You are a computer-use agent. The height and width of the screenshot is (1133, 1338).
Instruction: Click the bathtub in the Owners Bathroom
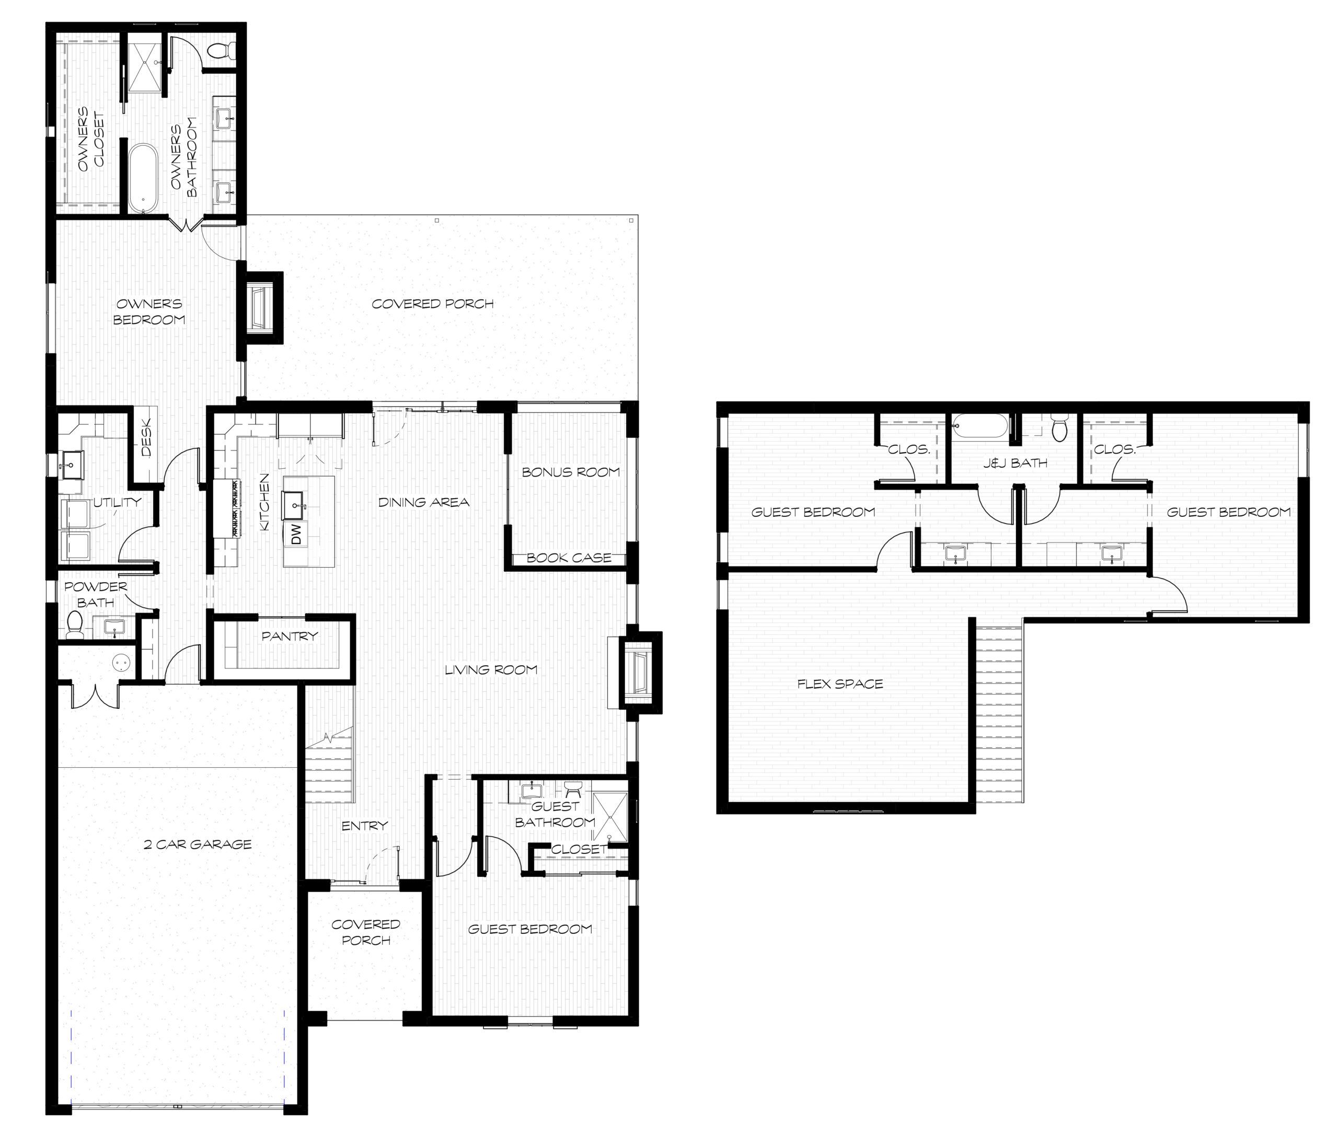point(143,179)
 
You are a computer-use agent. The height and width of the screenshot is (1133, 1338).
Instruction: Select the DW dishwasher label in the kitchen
point(296,534)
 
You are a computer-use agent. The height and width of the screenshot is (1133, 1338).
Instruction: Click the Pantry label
point(290,636)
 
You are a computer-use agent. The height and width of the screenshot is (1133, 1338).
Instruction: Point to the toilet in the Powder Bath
point(75,625)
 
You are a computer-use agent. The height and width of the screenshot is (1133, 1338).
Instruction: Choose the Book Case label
point(569,558)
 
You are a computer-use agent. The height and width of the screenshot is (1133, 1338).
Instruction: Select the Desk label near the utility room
point(146,438)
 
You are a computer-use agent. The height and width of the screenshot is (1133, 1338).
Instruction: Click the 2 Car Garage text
point(198,845)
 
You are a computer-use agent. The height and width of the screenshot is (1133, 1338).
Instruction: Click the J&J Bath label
point(1015,463)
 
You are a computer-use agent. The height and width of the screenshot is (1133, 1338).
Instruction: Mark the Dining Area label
point(423,502)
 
